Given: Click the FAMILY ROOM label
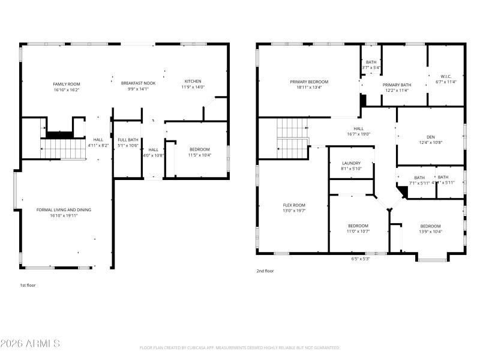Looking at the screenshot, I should click(x=66, y=84).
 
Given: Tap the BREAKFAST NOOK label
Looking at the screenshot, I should click(x=138, y=83).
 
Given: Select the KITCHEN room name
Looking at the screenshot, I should click(x=193, y=81).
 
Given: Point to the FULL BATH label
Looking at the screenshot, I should click(x=127, y=140).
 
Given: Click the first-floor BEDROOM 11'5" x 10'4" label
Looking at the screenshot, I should click(x=200, y=149).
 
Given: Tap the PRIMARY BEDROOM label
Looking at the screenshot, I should click(x=309, y=82).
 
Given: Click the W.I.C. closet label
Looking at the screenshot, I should click(x=445, y=76).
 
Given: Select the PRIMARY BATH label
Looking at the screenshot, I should click(x=397, y=85).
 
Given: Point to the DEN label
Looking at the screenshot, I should click(x=430, y=136).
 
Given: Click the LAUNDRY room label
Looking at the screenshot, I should click(x=351, y=163).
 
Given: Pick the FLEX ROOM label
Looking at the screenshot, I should click(x=294, y=205).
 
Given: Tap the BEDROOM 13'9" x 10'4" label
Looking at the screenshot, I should click(x=430, y=226).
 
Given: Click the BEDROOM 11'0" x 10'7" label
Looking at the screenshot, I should click(x=358, y=226).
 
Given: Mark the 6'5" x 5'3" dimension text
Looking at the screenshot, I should click(x=360, y=259).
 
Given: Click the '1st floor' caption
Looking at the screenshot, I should click(x=28, y=285).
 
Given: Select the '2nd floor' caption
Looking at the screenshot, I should click(x=265, y=271).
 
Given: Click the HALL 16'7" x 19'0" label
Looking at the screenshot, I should click(x=358, y=128).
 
